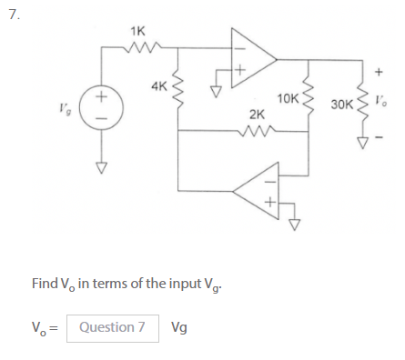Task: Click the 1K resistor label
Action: tap(137, 31)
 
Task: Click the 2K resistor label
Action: tap(257, 116)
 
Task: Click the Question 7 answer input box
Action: tap(112, 326)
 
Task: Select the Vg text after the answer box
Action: tap(180, 327)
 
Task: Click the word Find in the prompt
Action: tap(45, 284)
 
